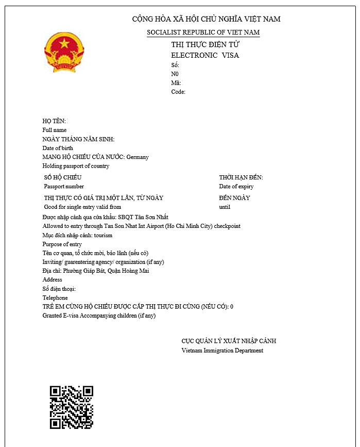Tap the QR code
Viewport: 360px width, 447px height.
pyautogui.click(x=71, y=407)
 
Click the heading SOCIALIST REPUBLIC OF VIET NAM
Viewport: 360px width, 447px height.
pyautogui.click(x=203, y=32)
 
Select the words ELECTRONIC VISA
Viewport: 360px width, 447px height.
pyautogui.click(x=205, y=55)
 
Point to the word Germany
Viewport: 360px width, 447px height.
pyautogui.click(x=138, y=157)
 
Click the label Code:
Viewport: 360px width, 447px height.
pyautogui.click(x=178, y=92)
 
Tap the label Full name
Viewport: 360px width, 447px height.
pyautogui.click(x=54, y=130)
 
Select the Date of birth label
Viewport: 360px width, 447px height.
pyautogui.click(x=58, y=148)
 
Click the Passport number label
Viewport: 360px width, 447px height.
pyautogui.click(x=64, y=186)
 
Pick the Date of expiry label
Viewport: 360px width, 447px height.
pyautogui.click(x=236, y=186)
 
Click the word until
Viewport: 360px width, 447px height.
pyautogui.click(x=225, y=207)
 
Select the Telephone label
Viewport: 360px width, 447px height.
pyautogui.click(x=55, y=298)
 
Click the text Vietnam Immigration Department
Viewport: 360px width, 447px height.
pyautogui.click(x=222, y=351)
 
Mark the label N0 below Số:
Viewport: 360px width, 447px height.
pyautogui.click(x=175, y=74)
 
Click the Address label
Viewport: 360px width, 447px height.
pyautogui.click(x=52, y=280)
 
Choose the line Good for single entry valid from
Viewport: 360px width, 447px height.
pyautogui.click(x=82, y=207)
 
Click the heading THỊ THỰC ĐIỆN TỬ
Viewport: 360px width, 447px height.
pyautogui.click(x=202, y=45)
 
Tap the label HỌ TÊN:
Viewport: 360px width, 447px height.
pyautogui.click(x=54, y=121)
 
